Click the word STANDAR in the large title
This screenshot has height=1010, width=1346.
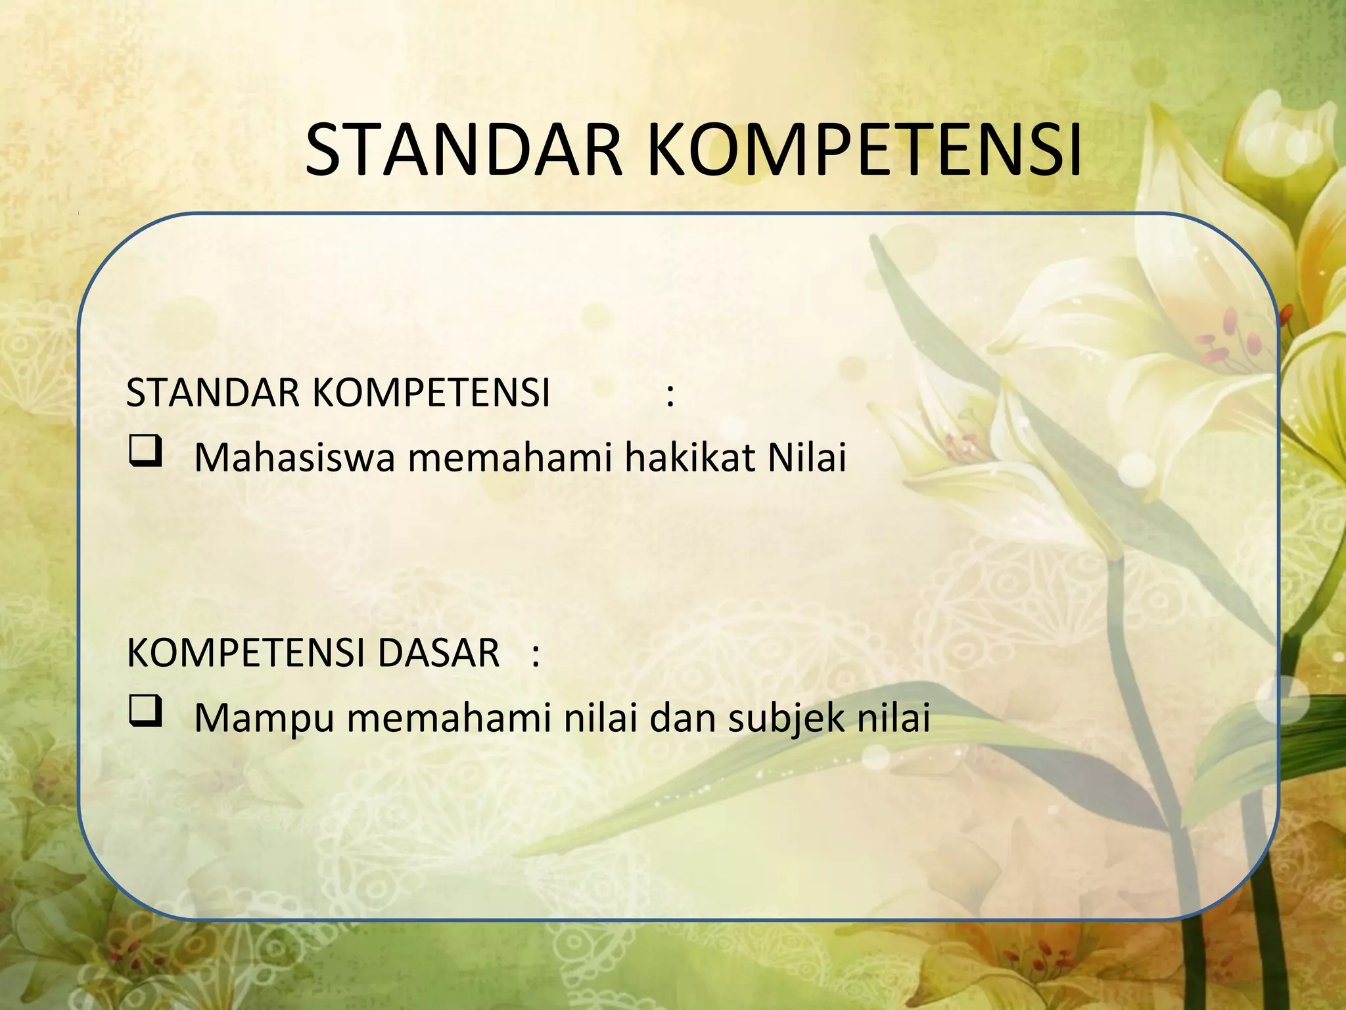463,150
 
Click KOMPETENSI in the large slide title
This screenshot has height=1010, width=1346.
864,150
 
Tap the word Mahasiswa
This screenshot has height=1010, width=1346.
294,458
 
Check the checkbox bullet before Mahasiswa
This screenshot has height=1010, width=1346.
145,452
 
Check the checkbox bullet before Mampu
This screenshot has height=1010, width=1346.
145,712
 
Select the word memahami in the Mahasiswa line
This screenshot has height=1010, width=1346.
510,458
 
